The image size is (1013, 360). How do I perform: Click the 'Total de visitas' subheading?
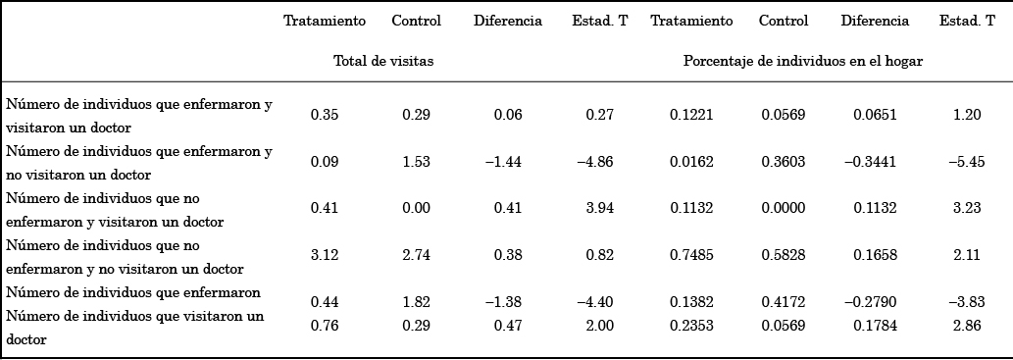[383, 61]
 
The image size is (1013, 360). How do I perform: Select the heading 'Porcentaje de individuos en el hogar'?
[803, 61]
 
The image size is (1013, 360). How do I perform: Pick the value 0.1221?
[691, 115]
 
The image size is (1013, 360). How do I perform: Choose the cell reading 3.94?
[599, 207]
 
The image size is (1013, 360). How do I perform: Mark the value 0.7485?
[691, 254]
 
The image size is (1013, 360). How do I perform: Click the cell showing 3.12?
[325, 254]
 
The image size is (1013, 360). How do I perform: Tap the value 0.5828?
[784, 254]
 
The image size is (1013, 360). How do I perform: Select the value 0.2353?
[691, 326]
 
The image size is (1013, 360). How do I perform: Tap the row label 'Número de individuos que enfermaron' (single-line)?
[133, 292]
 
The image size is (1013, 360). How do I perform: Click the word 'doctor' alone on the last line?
[26, 338]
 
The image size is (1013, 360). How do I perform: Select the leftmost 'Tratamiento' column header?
[325, 21]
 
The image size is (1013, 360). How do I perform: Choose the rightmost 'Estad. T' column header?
[967, 21]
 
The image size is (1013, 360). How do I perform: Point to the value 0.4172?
[784, 301]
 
